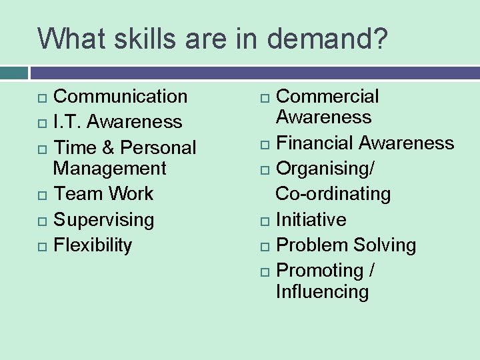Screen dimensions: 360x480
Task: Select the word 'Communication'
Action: (x=120, y=96)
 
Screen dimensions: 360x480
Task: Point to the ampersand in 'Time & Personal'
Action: (x=107, y=147)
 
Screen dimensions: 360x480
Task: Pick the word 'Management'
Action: (x=109, y=168)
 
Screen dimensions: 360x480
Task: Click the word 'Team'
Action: (x=75, y=194)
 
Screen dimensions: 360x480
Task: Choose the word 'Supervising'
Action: (x=103, y=220)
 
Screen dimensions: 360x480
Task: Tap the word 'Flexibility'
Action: (x=93, y=245)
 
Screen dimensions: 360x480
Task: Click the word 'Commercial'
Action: (x=327, y=96)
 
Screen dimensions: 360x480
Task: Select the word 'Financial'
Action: (x=315, y=143)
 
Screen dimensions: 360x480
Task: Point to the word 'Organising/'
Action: (x=325, y=169)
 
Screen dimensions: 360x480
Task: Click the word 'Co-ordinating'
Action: (x=333, y=194)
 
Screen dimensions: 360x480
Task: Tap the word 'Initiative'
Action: (x=311, y=219)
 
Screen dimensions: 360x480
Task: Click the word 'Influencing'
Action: (x=322, y=291)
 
